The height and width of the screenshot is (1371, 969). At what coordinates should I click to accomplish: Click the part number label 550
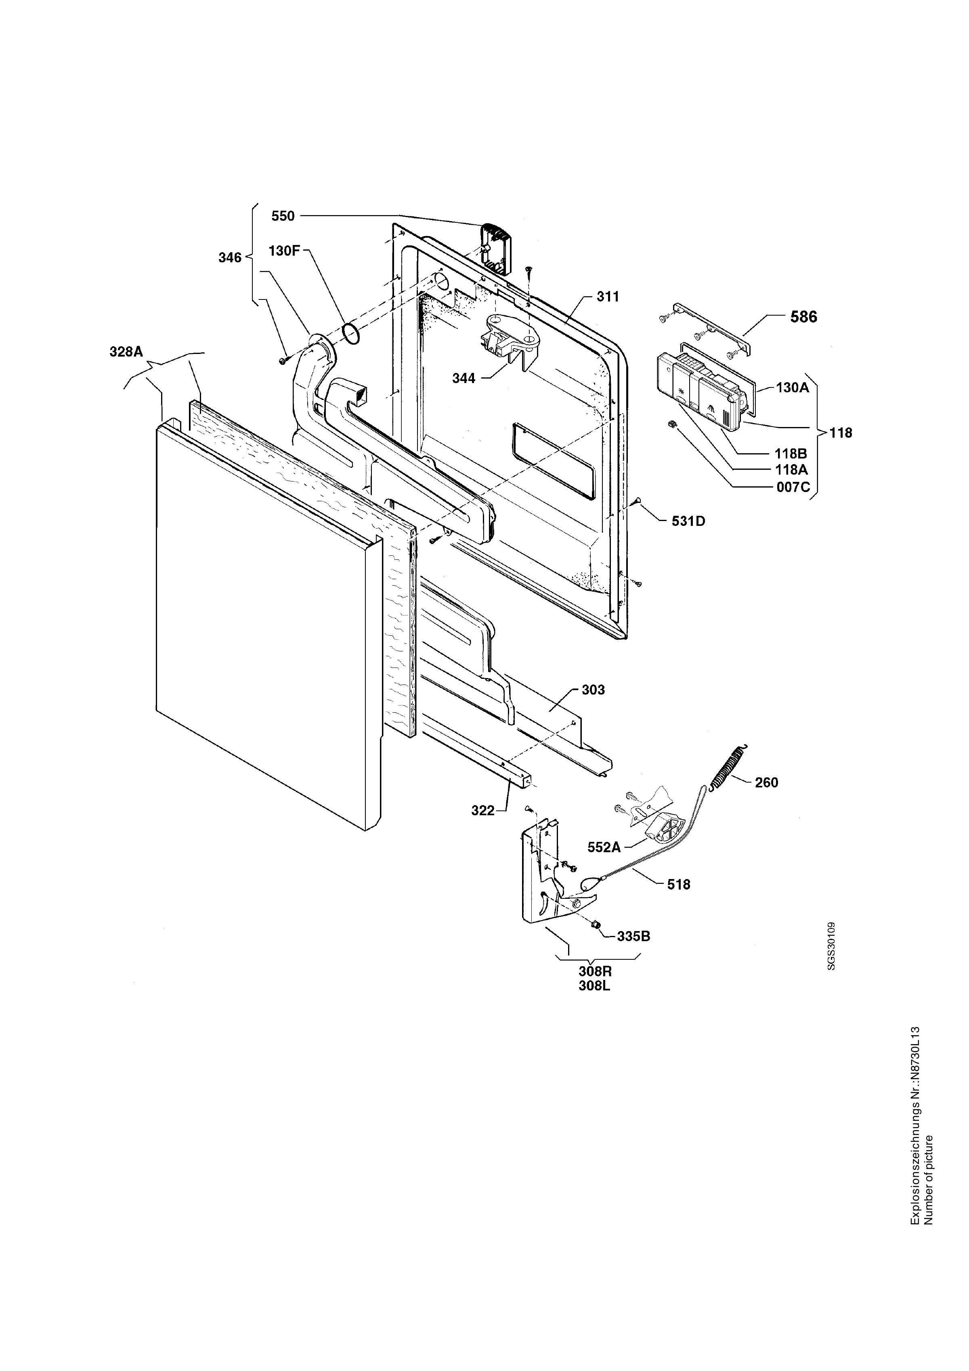(283, 216)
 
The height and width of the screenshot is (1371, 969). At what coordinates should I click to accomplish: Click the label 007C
(793, 487)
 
